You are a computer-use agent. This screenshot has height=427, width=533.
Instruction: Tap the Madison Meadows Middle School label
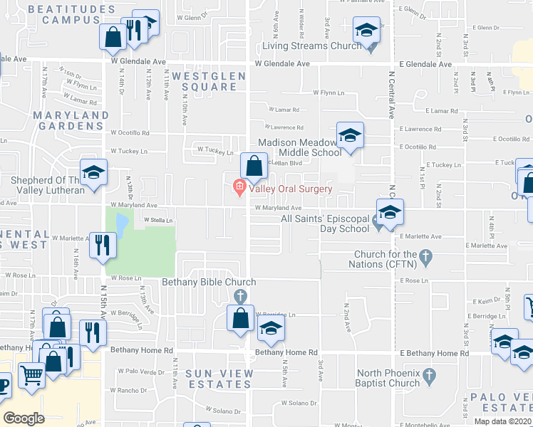coord(299,147)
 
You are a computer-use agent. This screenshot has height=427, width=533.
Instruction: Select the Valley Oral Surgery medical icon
coord(239,189)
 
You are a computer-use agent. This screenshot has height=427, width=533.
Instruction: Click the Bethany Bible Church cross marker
coord(241,295)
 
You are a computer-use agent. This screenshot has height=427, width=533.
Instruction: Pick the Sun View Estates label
coord(219,379)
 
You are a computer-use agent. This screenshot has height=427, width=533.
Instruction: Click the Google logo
coord(24,418)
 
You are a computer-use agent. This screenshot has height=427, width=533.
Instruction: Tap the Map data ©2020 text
coord(503,421)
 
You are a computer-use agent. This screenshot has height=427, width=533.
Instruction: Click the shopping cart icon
coord(31,374)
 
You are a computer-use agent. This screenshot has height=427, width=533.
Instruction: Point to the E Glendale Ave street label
coord(425,64)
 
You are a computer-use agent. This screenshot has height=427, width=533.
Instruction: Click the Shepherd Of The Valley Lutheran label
coord(47,185)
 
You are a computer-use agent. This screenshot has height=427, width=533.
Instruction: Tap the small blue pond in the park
coord(120,226)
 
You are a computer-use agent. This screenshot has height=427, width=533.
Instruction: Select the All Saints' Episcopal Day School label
coord(325,223)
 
